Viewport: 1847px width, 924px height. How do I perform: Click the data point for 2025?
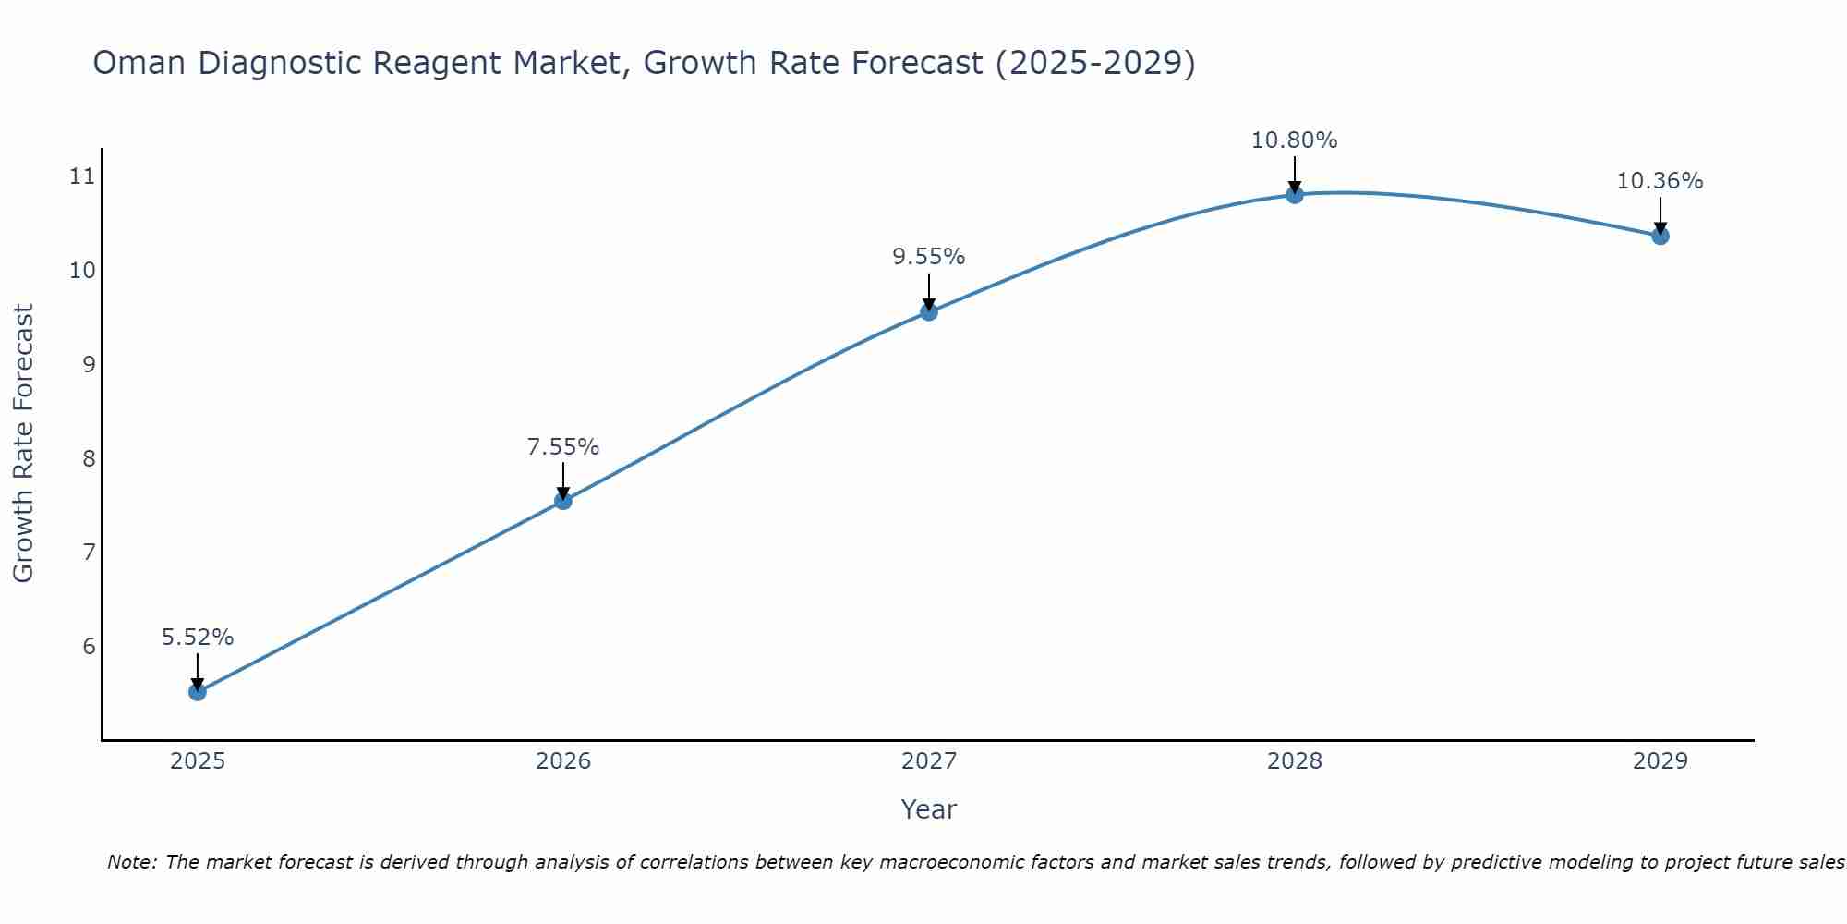(198, 692)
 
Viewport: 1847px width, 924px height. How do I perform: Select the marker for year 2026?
(563, 501)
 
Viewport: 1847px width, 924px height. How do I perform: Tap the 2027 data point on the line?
(929, 312)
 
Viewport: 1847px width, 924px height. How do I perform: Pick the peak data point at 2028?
(1295, 195)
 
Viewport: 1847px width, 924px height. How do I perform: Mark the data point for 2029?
(1660, 236)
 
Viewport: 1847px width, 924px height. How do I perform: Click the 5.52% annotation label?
(198, 638)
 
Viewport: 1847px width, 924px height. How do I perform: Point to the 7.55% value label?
(563, 447)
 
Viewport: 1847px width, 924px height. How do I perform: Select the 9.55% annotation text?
(929, 257)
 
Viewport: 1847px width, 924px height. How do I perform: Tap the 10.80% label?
(1295, 140)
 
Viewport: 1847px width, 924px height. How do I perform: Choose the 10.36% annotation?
(1660, 181)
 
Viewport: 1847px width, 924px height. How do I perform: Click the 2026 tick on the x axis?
(563, 761)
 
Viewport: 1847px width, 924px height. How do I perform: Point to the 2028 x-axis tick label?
(1295, 761)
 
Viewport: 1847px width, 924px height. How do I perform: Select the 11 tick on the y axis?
(83, 176)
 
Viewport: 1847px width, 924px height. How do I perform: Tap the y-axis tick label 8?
(89, 458)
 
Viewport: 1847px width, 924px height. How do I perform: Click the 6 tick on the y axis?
(89, 646)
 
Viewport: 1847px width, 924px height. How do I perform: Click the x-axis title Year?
(929, 809)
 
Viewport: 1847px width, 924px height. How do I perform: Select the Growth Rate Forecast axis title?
(24, 444)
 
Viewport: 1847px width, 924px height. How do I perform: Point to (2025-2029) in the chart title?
(1095, 64)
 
